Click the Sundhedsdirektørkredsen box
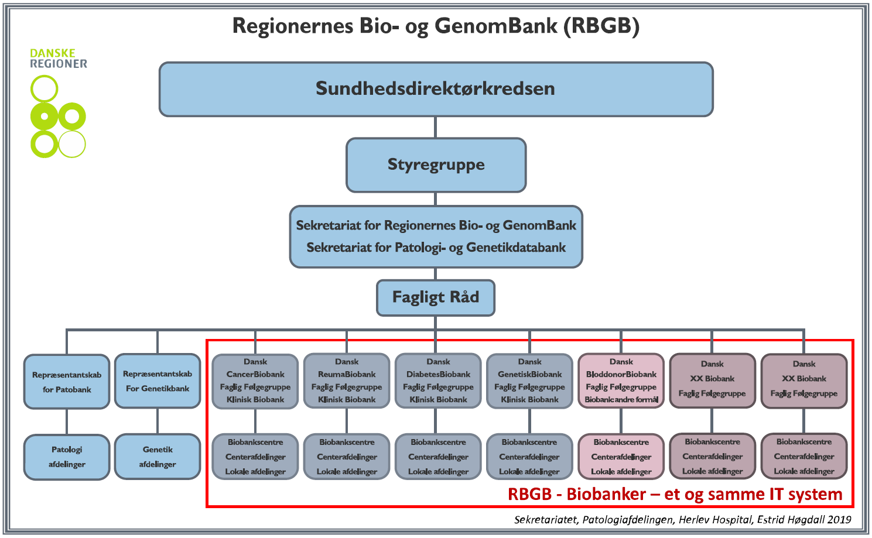436,89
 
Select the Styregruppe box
436,165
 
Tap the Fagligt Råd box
436,297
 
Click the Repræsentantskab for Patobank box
67,382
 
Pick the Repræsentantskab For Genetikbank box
158,381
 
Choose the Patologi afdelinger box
67,457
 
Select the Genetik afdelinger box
158,457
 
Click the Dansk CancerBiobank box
255,381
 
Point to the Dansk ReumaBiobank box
347,381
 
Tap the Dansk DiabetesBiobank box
438,381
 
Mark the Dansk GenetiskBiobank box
530,381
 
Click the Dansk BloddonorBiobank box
621,381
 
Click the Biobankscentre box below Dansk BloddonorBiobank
621,457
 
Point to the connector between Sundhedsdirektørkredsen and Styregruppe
435,127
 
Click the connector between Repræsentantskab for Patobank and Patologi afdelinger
67,422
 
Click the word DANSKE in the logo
53,53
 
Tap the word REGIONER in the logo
59,64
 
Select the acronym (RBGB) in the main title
601,26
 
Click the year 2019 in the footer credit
839,520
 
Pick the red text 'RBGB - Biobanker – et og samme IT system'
675,495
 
